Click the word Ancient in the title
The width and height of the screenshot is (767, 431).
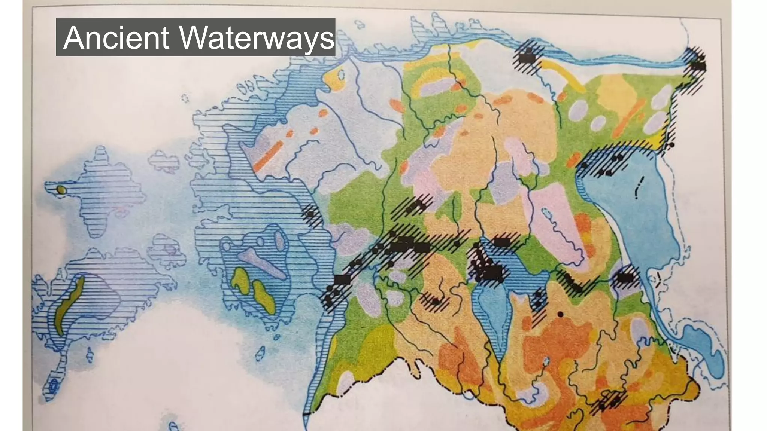point(116,37)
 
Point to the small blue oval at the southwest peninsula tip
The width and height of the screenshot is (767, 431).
point(54,384)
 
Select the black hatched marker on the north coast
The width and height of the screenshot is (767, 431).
point(528,58)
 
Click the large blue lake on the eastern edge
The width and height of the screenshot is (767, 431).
point(633,210)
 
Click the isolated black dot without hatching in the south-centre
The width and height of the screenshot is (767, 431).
point(560,314)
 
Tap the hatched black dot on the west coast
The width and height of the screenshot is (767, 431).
point(310,214)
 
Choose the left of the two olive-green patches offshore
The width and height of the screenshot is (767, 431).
point(240,281)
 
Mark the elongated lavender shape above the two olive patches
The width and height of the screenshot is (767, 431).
point(262,262)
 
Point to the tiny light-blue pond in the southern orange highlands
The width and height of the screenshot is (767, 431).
point(546,361)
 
